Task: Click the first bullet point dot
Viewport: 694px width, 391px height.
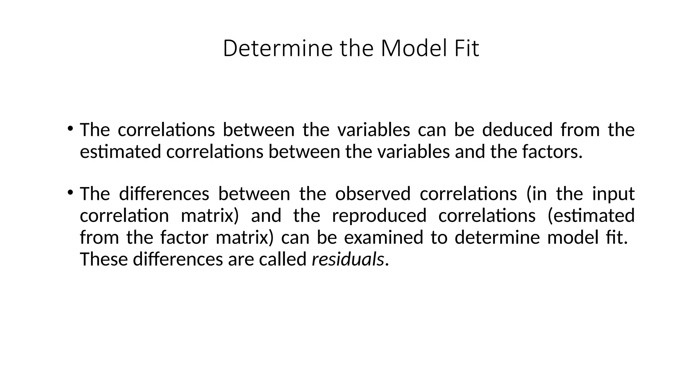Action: [x=70, y=128]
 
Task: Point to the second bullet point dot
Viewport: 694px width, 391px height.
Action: [x=70, y=192]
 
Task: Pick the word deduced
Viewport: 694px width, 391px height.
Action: [x=517, y=130]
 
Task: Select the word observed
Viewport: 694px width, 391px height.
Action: [x=373, y=194]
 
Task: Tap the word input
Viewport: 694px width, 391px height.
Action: [x=613, y=194]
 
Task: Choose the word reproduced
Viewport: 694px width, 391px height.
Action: [x=379, y=216]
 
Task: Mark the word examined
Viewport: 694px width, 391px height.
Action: [x=384, y=237]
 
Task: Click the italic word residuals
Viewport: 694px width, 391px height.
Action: [x=348, y=259]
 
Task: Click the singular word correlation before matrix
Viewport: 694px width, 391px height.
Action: [x=124, y=216]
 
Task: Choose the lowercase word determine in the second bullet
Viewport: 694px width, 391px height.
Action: [x=497, y=237]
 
